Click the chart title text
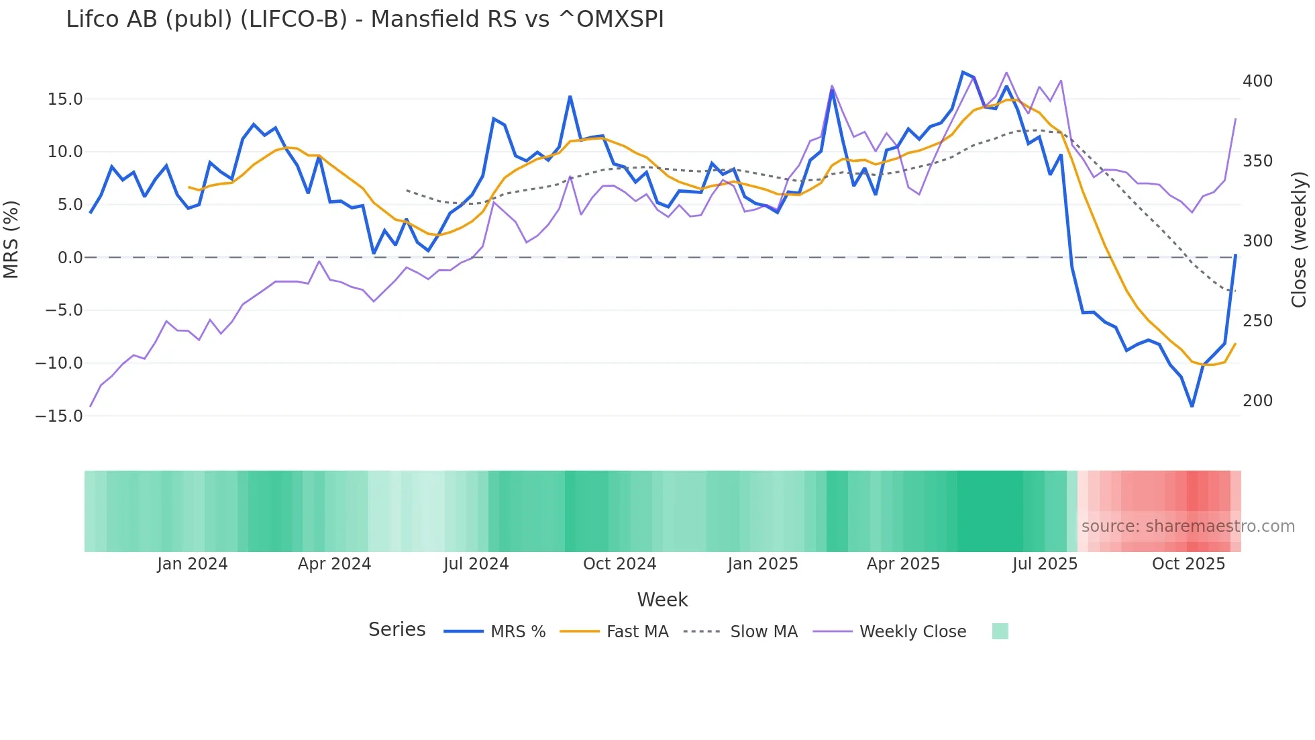364,19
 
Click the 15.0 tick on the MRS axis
65,99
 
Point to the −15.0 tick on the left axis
59,416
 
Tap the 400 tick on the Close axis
1257,81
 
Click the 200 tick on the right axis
1257,401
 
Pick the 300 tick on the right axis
1257,241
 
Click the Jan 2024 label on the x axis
193,564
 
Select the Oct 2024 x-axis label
619,564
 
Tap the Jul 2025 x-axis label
1045,564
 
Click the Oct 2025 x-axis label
1188,564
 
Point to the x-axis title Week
662,600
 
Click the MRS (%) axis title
11,239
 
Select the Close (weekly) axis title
1299,239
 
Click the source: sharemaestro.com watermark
1188,526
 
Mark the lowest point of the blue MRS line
1192,406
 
